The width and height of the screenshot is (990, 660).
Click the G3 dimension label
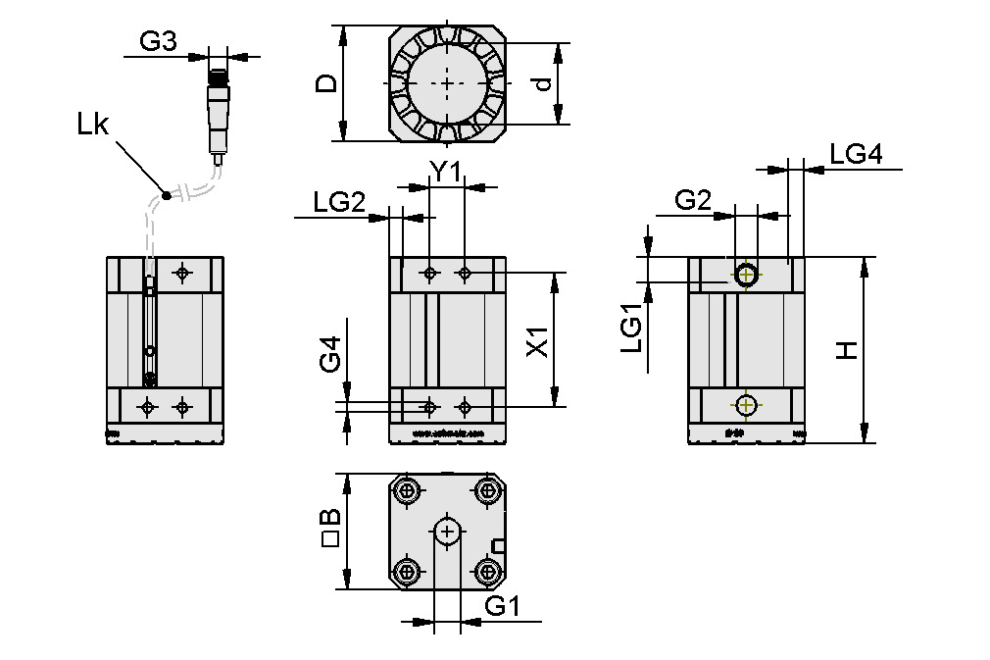tap(158, 41)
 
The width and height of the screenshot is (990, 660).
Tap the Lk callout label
tap(95, 125)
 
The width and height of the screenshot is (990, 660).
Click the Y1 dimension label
tap(446, 172)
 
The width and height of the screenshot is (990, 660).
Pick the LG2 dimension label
tap(339, 202)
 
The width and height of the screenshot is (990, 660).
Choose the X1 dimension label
tap(535, 348)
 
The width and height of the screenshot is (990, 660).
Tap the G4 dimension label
tap(331, 354)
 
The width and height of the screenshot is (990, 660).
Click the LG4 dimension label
tap(856, 154)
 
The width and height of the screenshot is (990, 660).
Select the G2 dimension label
tap(693, 201)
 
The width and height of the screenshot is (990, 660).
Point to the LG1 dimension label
tap(631, 328)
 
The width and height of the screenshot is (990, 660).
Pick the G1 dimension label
tap(502, 607)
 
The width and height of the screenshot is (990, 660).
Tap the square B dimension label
tap(331, 530)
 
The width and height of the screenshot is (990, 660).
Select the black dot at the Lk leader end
tap(167, 196)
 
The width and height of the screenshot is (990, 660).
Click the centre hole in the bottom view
tap(448, 532)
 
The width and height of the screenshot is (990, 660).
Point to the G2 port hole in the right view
tap(747, 275)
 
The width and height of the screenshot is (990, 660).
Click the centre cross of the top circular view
tap(448, 84)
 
